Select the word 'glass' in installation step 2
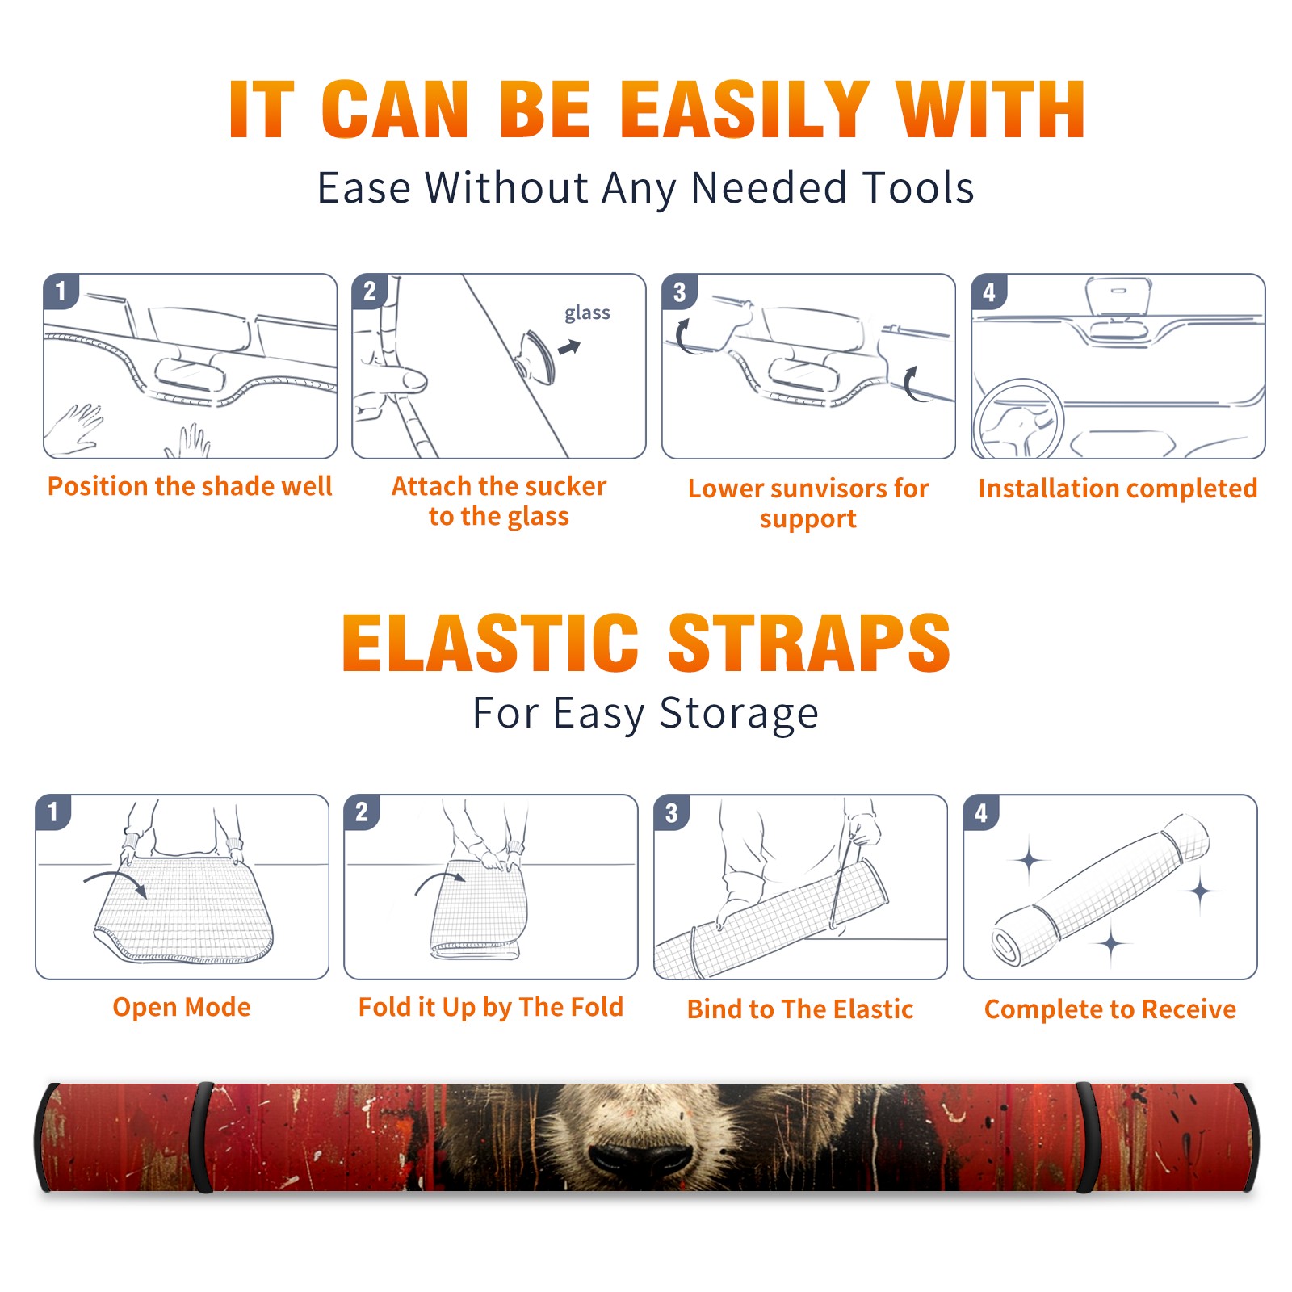(587, 313)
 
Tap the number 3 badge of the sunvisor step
(679, 292)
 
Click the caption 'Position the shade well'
(190, 486)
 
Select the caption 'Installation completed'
(1118, 488)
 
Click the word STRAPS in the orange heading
(809, 643)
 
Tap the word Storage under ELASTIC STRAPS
(739, 714)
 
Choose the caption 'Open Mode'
(182, 1007)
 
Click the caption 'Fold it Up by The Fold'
(491, 1007)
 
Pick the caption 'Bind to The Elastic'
(800, 1009)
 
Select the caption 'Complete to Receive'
(1110, 1009)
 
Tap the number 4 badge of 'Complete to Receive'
(981, 812)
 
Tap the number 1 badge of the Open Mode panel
(53, 812)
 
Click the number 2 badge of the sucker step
(370, 292)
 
